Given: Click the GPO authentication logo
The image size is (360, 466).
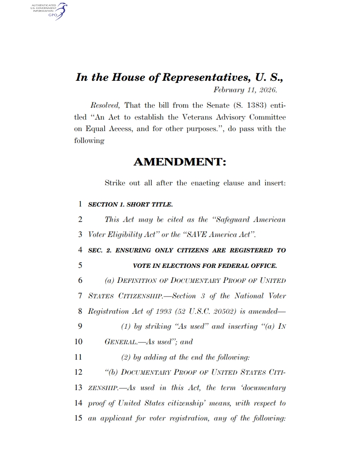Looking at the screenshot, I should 49,11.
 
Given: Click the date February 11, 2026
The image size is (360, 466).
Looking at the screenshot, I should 245,90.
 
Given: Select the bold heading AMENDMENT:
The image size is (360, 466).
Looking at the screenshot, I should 180,162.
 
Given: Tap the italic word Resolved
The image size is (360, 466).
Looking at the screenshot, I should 105,105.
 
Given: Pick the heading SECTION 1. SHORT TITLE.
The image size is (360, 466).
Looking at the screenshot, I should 131,204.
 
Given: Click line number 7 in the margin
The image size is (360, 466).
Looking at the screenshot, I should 80,296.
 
